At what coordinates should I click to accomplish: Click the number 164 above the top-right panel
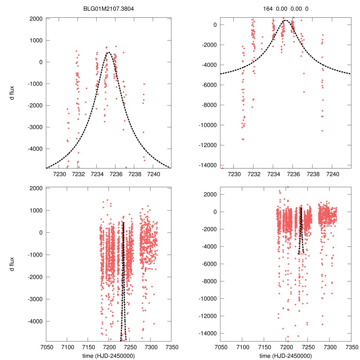coord(268,8)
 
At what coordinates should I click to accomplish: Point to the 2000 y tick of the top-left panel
coord(36,19)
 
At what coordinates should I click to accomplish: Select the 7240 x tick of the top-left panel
coord(154,174)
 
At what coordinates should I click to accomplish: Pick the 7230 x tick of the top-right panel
coord(234,174)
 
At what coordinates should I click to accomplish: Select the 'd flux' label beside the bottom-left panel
coord(12,264)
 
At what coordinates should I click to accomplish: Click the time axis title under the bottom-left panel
coord(109,355)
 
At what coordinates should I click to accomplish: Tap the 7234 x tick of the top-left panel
coord(97,174)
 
